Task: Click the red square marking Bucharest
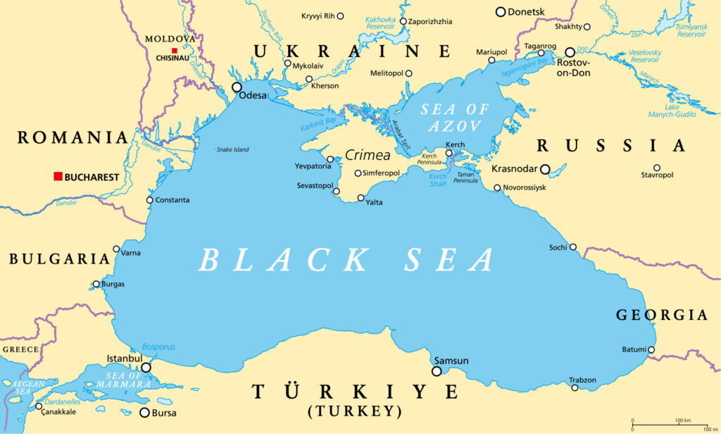(x=58, y=176)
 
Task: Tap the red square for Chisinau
(x=175, y=50)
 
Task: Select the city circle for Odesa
(x=237, y=87)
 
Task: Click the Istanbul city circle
(x=146, y=367)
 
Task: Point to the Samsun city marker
(x=437, y=371)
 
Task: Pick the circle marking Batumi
(x=651, y=349)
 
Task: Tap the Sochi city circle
(x=573, y=247)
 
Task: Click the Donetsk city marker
(x=501, y=12)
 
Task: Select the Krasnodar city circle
(x=545, y=169)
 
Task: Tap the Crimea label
(x=368, y=155)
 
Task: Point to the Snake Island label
(x=232, y=149)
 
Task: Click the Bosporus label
(x=158, y=347)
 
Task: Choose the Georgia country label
(x=661, y=315)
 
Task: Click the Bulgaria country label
(x=59, y=259)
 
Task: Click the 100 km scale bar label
(x=682, y=421)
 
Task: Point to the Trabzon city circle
(x=575, y=387)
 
